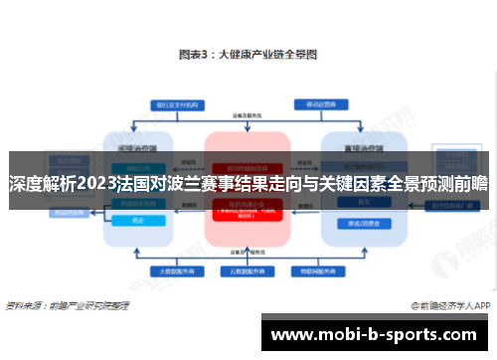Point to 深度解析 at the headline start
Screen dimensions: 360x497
click(x=39, y=183)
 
